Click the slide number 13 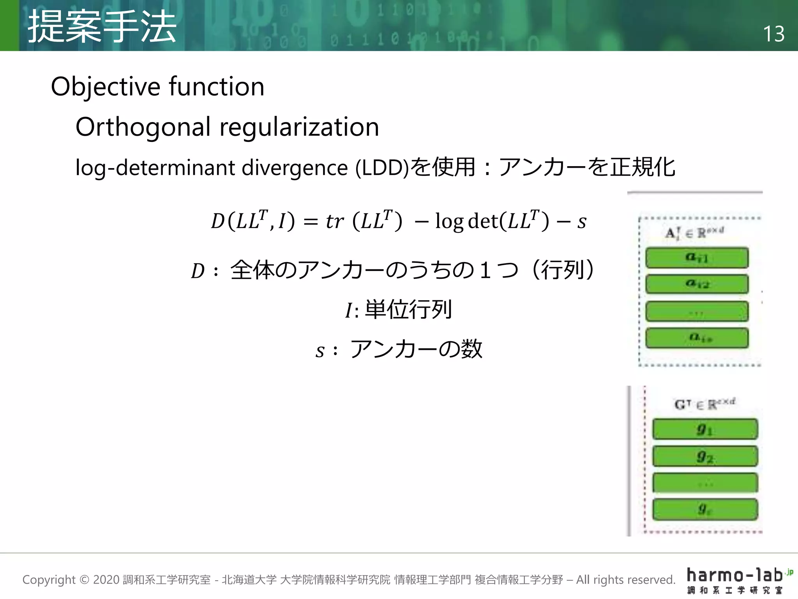[x=773, y=34]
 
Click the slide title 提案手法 [x=102, y=27]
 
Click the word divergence [x=294, y=168]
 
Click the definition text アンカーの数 [x=416, y=349]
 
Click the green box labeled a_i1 [x=697, y=258]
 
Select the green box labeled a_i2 [x=697, y=284]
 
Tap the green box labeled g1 [x=705, y=429]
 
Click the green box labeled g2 [x=705, y=456]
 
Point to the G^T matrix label [x=704, y=404]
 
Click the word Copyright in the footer [x=49, y=580]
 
